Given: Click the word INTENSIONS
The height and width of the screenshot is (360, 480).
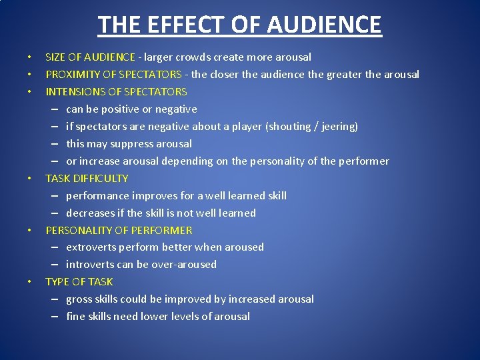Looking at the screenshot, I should click(x=73, y=92).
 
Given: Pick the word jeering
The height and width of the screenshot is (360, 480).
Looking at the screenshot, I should click(x=337, y=127).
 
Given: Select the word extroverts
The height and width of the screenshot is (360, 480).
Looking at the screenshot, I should click(x=92, y=247).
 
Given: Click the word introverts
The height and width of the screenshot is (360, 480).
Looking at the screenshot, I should click(x=90, y=265).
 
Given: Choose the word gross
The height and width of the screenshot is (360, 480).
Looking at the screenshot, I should click(x=79, y=299).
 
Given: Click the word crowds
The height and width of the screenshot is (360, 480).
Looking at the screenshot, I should click(x=193, y=57).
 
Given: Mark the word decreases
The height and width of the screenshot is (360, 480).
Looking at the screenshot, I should click(x=91, y=213).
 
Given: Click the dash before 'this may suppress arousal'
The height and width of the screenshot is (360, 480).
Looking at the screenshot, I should click(x=53, y=144).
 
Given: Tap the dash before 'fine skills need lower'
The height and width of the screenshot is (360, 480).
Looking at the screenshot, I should click(x=53, y=317).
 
